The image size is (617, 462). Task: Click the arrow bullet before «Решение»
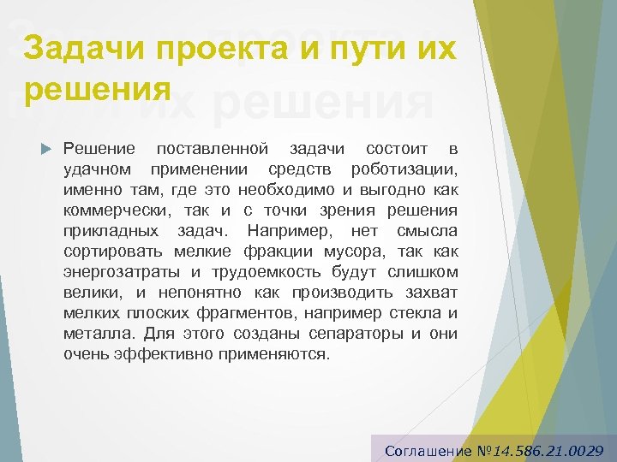(46, 149)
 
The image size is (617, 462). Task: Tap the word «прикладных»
(110, 231)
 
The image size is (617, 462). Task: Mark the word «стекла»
(415, 313)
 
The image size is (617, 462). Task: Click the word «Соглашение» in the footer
(428, 450)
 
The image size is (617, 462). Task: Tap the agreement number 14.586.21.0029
(548, 450)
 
